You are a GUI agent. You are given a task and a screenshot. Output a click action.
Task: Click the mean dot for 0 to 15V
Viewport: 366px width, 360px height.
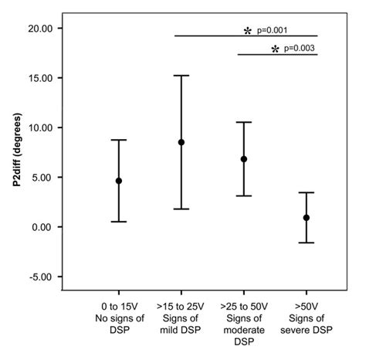[x=119, y=181]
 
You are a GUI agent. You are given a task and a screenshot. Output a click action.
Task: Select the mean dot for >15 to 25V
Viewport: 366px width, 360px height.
[x=181, y=142]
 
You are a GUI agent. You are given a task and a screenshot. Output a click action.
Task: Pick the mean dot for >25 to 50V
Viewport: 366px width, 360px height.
[x=244, y=159]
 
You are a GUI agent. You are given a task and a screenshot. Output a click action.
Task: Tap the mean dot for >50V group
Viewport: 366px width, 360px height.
[x=307, y=218]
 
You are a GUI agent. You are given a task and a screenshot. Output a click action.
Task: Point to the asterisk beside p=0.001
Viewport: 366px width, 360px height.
[x=248, y=31]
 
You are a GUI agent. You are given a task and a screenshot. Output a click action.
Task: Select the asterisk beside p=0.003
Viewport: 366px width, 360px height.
[x=275, y=49]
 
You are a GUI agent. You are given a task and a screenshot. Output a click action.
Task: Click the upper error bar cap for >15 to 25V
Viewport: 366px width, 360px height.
[x=181, y=76]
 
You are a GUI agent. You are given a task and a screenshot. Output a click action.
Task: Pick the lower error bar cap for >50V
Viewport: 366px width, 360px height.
[x=307, y=243]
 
